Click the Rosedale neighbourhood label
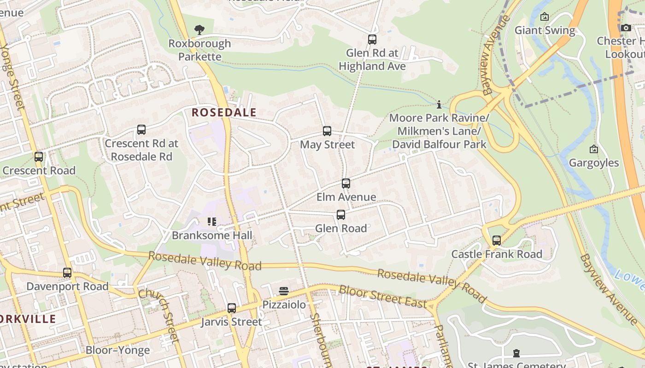pyautogui.click(x=224, y=112)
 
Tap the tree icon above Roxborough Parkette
pyautogui.click(x=199, y=30)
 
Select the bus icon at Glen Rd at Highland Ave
pyautogui.click(x=372, y=40)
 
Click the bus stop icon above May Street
pyautogui.click(x=327, y=131)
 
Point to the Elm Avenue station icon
pyautogui.click(x=346, y=184)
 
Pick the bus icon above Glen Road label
pyautogui.click(x=341, y=215)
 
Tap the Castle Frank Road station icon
pyautogui.click(x=497, y=241)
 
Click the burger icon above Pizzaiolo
pyautogui.click(x=284, y=291)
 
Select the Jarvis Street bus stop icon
pyautogui.click(x=232, y=308)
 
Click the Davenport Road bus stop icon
pyautogui.click(x=67, y=273)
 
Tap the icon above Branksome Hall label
pyautogui.click(x=212, y=222)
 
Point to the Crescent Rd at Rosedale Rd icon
pyautogui.click(x=141, y=130)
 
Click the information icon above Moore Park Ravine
pyautogui.click(x=439, y=104)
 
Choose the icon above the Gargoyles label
pyautogui.click(x=594, y=149)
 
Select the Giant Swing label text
pyautogui.click(x=545, y=30)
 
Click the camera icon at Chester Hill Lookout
pyautogui.click(x=626, y=28)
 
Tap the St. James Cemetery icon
pyautogui.click(x=516, y=353)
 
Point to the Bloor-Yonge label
pyautogui.click(x=118, y=350)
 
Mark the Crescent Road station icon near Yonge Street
pyautogui.click(x=39, y=157)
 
